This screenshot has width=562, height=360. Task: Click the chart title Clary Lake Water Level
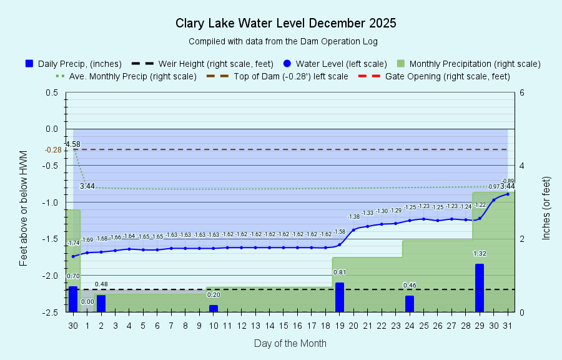coord(285,24)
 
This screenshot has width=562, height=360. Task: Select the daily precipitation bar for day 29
coord(480,287)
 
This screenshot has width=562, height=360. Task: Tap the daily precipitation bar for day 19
coord(340,297)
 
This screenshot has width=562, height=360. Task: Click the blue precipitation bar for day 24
coord(410,304)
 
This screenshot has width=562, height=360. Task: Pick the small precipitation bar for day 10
coord(214,308)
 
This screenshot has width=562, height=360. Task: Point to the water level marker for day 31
coord(508,194)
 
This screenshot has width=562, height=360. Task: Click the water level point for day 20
coord(353,229)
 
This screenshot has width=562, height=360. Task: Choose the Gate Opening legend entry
coord(435,76)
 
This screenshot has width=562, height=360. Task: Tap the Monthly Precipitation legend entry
coord(468,64)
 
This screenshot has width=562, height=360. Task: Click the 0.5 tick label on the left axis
coord(52,92)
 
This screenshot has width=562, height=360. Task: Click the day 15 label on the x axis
coord(283,325)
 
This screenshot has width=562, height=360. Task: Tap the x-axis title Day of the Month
coord(290,343)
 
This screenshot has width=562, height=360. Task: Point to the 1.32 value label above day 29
coord(480,254)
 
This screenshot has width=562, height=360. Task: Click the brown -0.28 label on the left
coord(53,149)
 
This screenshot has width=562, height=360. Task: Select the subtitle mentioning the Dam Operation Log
coord(283,41)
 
